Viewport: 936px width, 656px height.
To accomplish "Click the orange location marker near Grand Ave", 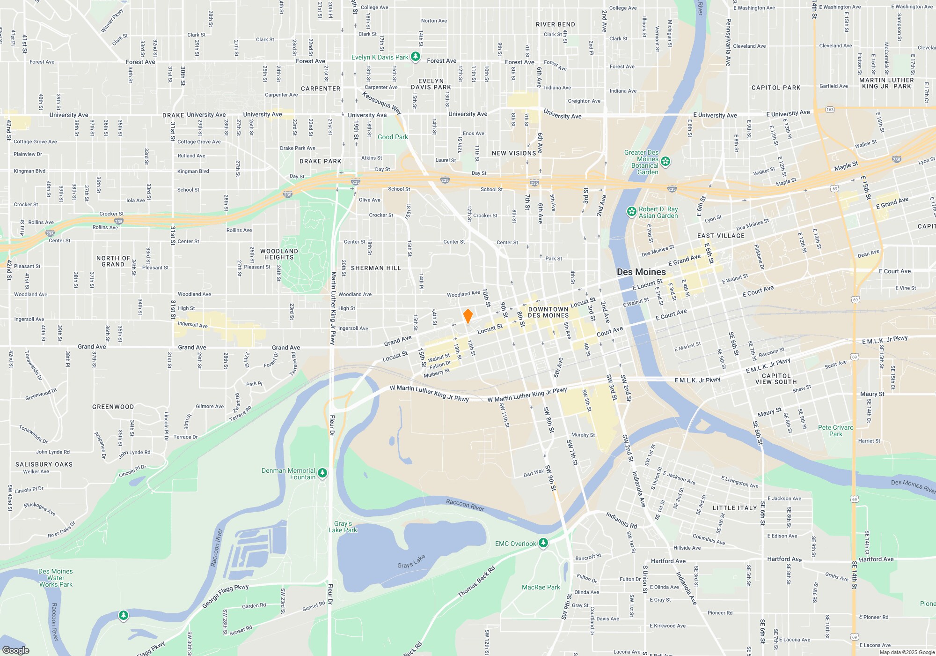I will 468,316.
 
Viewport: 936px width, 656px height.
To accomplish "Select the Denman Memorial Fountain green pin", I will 322,474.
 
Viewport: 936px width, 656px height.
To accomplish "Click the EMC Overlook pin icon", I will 543,543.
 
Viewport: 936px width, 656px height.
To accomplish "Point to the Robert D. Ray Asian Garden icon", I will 631,212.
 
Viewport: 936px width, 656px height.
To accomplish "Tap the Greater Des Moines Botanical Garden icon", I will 665,162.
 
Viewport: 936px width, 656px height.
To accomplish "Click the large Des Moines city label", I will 641,272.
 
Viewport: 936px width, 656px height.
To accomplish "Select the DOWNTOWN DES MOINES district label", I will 548,312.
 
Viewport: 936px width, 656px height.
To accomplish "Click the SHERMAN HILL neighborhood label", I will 376,268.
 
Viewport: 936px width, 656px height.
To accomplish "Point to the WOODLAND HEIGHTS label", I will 279,254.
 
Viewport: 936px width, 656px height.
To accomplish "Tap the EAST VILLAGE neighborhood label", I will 721,236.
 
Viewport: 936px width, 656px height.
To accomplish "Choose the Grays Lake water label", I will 411,561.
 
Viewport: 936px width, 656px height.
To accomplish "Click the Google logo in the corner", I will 16,650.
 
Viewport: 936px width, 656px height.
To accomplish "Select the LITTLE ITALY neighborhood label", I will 734,508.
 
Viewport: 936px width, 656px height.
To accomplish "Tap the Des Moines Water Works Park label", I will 56,578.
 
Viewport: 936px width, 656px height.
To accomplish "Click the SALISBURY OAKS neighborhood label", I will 44,464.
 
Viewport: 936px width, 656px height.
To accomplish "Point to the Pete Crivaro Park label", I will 835,431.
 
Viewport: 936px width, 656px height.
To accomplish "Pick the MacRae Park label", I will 541,587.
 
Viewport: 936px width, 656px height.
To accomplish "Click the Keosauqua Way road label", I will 382,103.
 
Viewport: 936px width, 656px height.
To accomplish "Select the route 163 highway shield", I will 830,110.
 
